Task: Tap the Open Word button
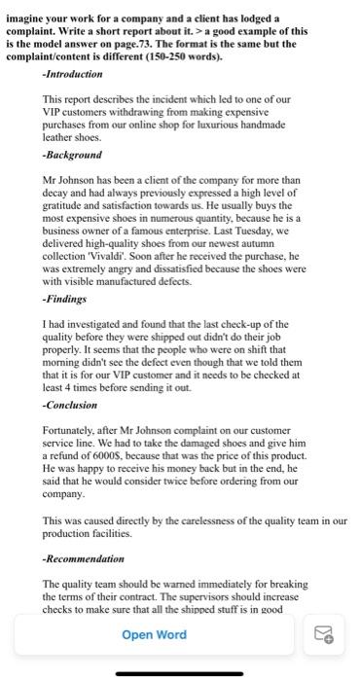click(154, 634)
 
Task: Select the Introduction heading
click(74, 74)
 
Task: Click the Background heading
click(73, 155)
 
